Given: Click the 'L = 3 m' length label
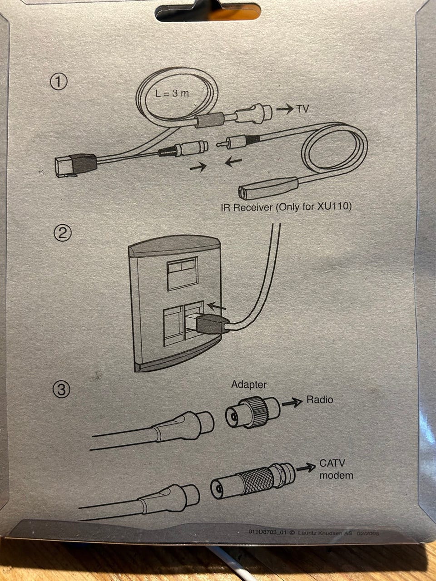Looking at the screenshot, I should coord(172,94).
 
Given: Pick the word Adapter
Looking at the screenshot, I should coord(249,385).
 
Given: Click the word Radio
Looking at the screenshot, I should coord(319,400).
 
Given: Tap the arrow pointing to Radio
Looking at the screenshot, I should coord(292,402).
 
